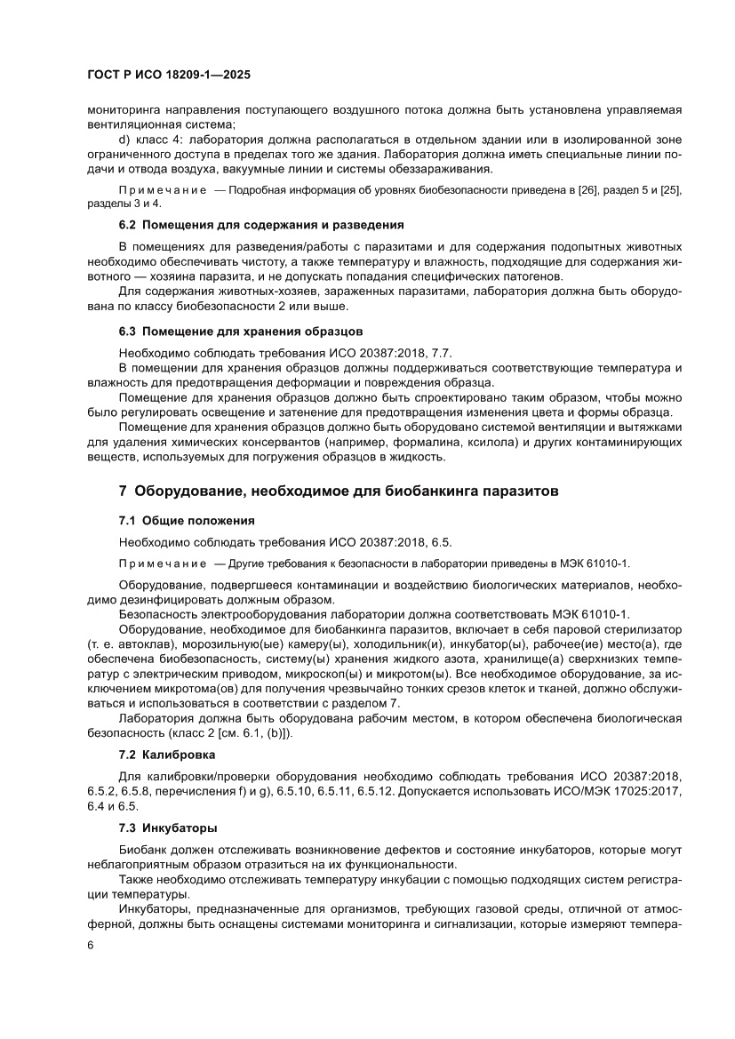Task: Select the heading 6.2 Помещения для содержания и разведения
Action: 261,225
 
